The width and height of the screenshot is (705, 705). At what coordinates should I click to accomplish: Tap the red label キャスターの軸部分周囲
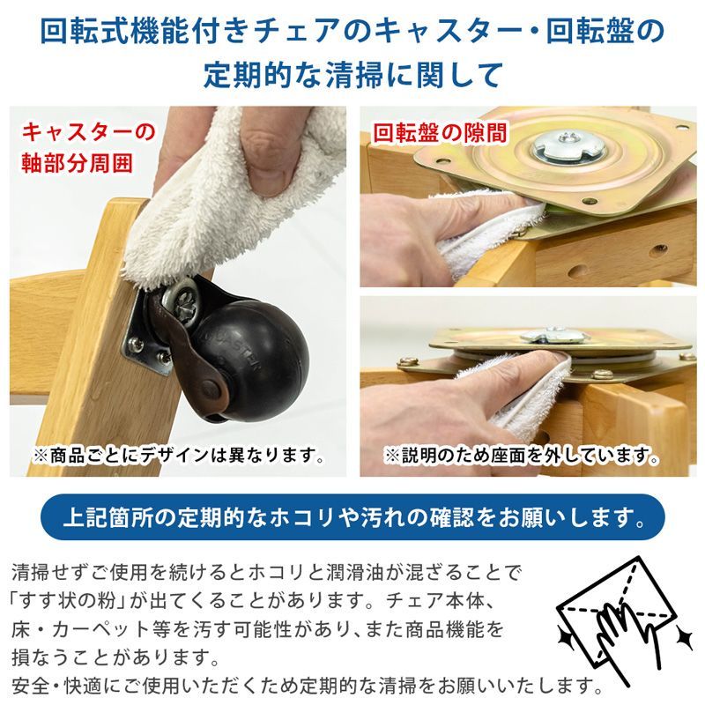pos(88,147)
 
